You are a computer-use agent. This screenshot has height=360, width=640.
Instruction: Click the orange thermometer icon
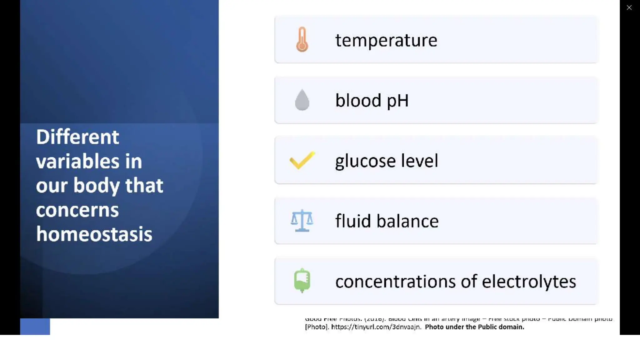coord(302,39)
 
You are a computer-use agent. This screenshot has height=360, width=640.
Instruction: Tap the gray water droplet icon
coord(302,100)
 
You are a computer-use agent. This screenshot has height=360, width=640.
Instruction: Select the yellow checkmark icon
coord(302,160)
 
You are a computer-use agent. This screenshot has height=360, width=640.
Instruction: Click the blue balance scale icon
coord(302,221)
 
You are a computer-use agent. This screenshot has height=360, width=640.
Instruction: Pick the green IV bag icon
coord(302,280)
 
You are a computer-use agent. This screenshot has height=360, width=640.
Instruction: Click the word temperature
coord(386,40)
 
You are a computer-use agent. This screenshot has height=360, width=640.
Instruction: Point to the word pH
coord(397,101)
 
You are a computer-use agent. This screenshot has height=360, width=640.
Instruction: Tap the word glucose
coord(365,161)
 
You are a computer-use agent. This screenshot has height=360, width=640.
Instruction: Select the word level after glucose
coord(419,161)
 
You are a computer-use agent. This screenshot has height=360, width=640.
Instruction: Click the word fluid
coord(353,221)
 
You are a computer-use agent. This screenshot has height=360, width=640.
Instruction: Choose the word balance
coord(407,221)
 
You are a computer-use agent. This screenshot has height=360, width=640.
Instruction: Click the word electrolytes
coord(529,282)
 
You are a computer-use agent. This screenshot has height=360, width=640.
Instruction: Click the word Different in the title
coord(77,137)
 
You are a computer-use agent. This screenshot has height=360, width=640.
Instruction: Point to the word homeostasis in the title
coord(94,234)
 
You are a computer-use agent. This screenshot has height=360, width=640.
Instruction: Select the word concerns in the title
coord(77,210)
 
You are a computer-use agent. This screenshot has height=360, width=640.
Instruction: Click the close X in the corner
coord(629,7)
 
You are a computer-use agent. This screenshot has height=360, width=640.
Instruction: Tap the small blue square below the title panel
coord(35,327)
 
